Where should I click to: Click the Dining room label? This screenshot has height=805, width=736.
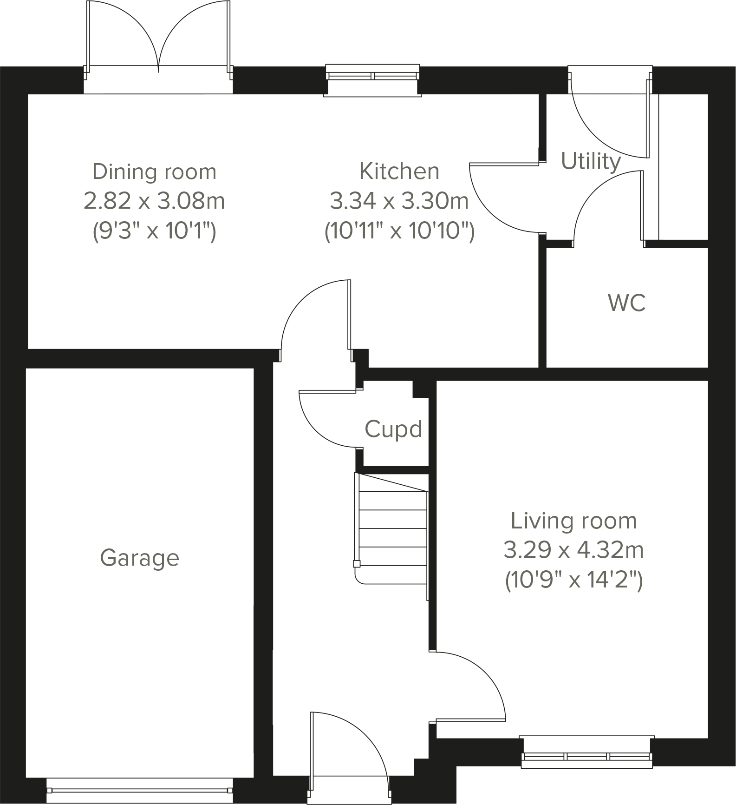tap(154, 172)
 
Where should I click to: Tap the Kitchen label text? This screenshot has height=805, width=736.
tap(399, 172)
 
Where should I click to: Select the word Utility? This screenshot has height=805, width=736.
tap(591, 161)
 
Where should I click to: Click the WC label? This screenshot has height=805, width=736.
tap(626, 303)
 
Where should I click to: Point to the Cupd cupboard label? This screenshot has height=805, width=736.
tap(393, 429)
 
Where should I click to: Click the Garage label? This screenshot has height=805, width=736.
tap(139, 558)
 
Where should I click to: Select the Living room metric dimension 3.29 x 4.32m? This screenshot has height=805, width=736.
tap(573, 551)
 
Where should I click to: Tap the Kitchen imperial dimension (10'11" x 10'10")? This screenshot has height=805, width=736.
tap(399, 231)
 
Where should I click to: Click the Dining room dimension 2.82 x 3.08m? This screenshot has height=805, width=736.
tap(154, 201)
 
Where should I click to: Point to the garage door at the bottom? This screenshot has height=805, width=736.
tap(139, 790)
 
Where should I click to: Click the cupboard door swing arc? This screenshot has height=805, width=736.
tap(325, 421)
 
